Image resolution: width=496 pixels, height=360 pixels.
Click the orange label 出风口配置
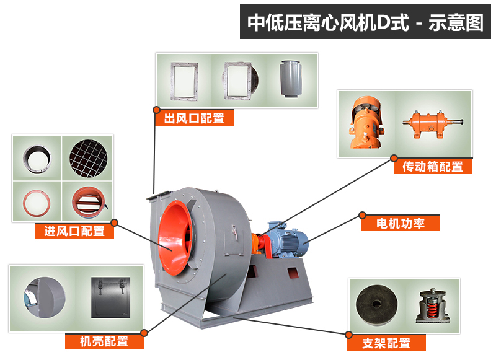(194, 118)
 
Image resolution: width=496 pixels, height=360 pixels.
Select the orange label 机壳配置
(104, 341)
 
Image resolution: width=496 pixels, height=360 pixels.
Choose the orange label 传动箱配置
(433, 166)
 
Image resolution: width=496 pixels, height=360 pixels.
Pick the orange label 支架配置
(386, 343)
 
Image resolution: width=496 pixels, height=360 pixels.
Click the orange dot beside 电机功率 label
(362, 216)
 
